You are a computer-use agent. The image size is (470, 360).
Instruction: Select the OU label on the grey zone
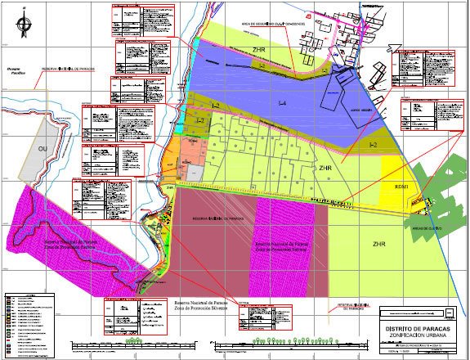point(42,148)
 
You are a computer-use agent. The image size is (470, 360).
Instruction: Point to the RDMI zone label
point(401,187)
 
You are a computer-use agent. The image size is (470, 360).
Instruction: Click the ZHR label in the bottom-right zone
point(378,244)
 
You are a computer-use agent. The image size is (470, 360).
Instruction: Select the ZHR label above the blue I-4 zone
point(259,50)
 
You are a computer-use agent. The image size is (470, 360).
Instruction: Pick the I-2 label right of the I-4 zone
point(373,144)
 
